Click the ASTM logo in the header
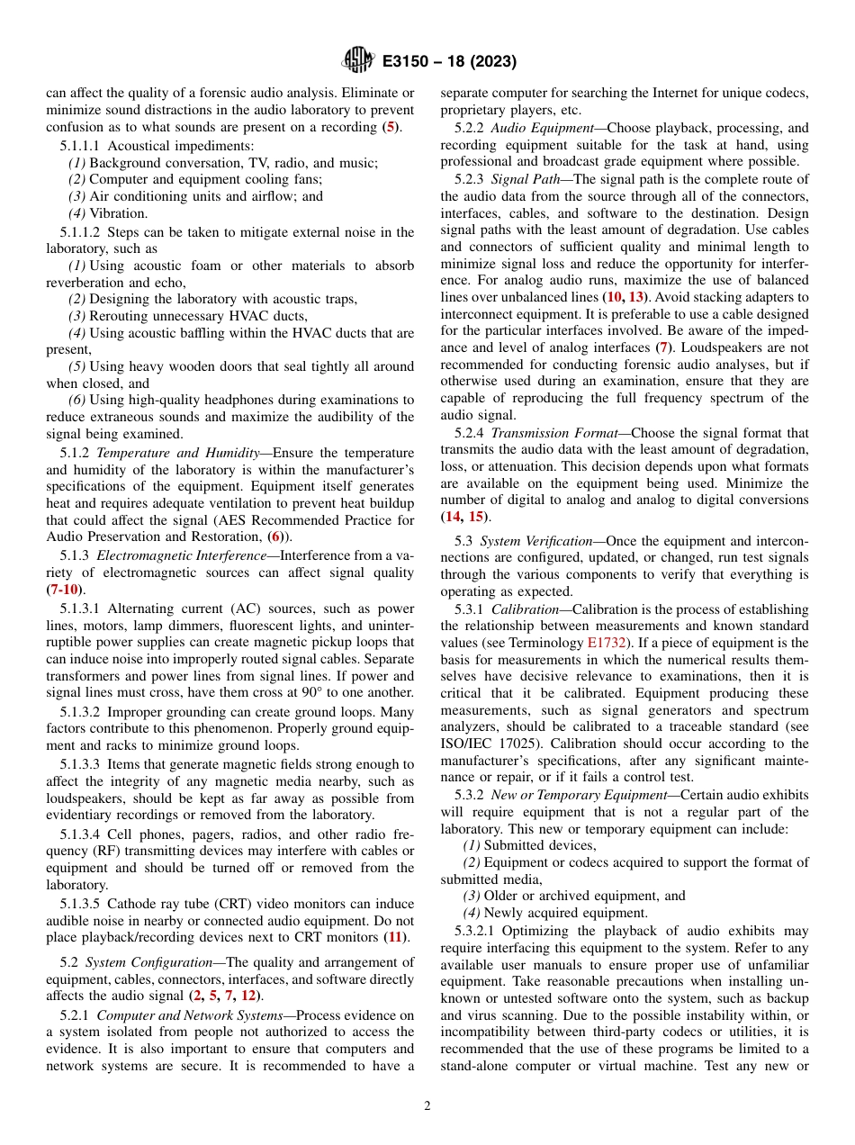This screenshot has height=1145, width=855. coord(357,61)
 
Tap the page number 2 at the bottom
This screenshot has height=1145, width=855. coord(427,1105)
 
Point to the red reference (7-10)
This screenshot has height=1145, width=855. coord(65,590)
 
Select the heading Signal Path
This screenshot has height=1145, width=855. coord(526,179)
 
